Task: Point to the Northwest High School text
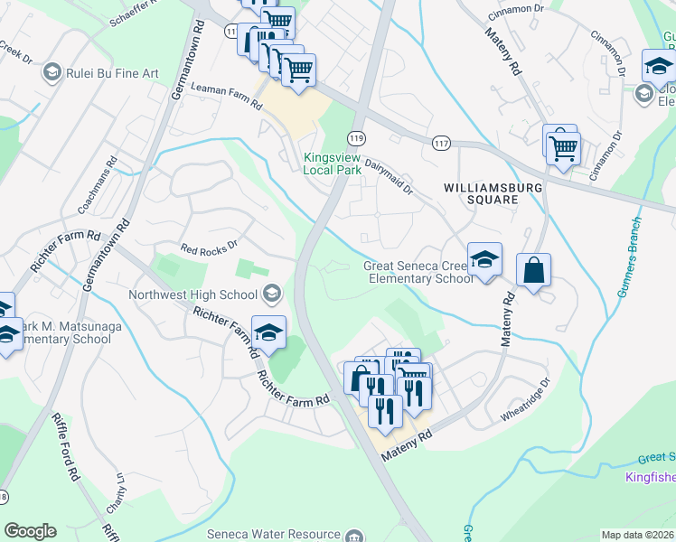pyautogui.click(x=192, y=294)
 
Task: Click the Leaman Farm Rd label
pyautogui.click(x=227, y=93)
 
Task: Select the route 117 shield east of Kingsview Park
pyautogui.click(x=441, y=144)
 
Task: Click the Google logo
pyautogui.click(x=30, y=531)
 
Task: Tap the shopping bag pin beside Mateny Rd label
pyautogui.click(x=533, y=269)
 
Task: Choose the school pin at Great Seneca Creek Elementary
pyautogui.click(x=484, y=259)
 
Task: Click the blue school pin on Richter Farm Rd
pyautogui.click(x=268, y=332)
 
